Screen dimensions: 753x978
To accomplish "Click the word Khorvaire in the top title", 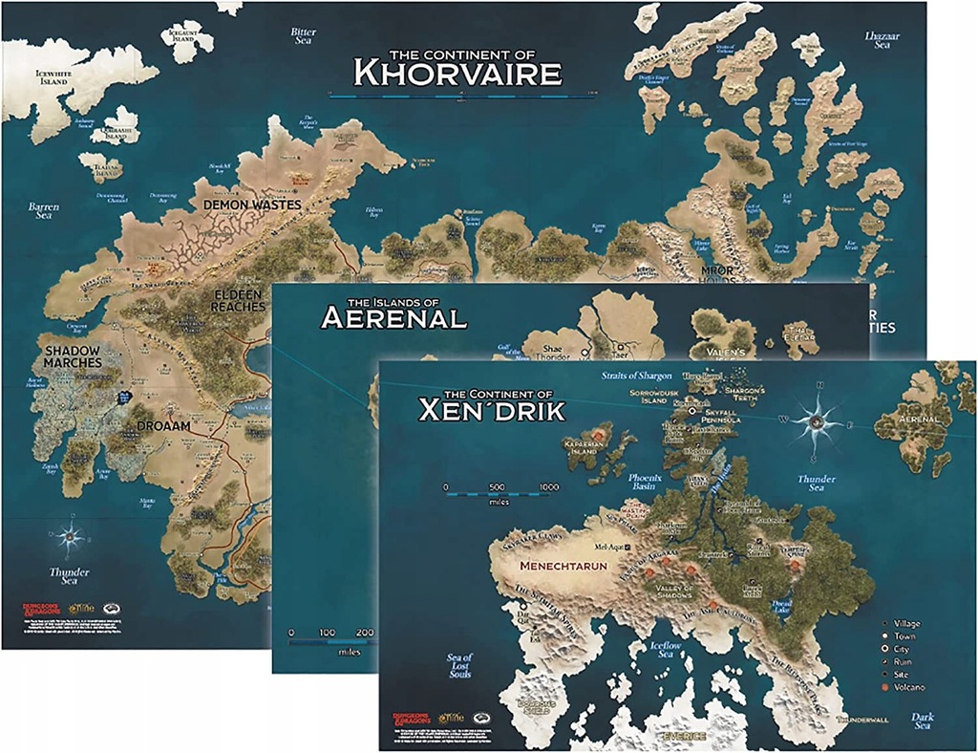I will [x=457, y=71].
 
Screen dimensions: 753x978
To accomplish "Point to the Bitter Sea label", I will [x=303, y=36].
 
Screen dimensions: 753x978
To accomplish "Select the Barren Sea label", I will [x=43, y=211].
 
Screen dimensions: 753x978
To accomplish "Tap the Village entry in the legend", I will [x=911, y=623].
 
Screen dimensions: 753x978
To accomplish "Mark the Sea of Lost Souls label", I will [x=459, y=666].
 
